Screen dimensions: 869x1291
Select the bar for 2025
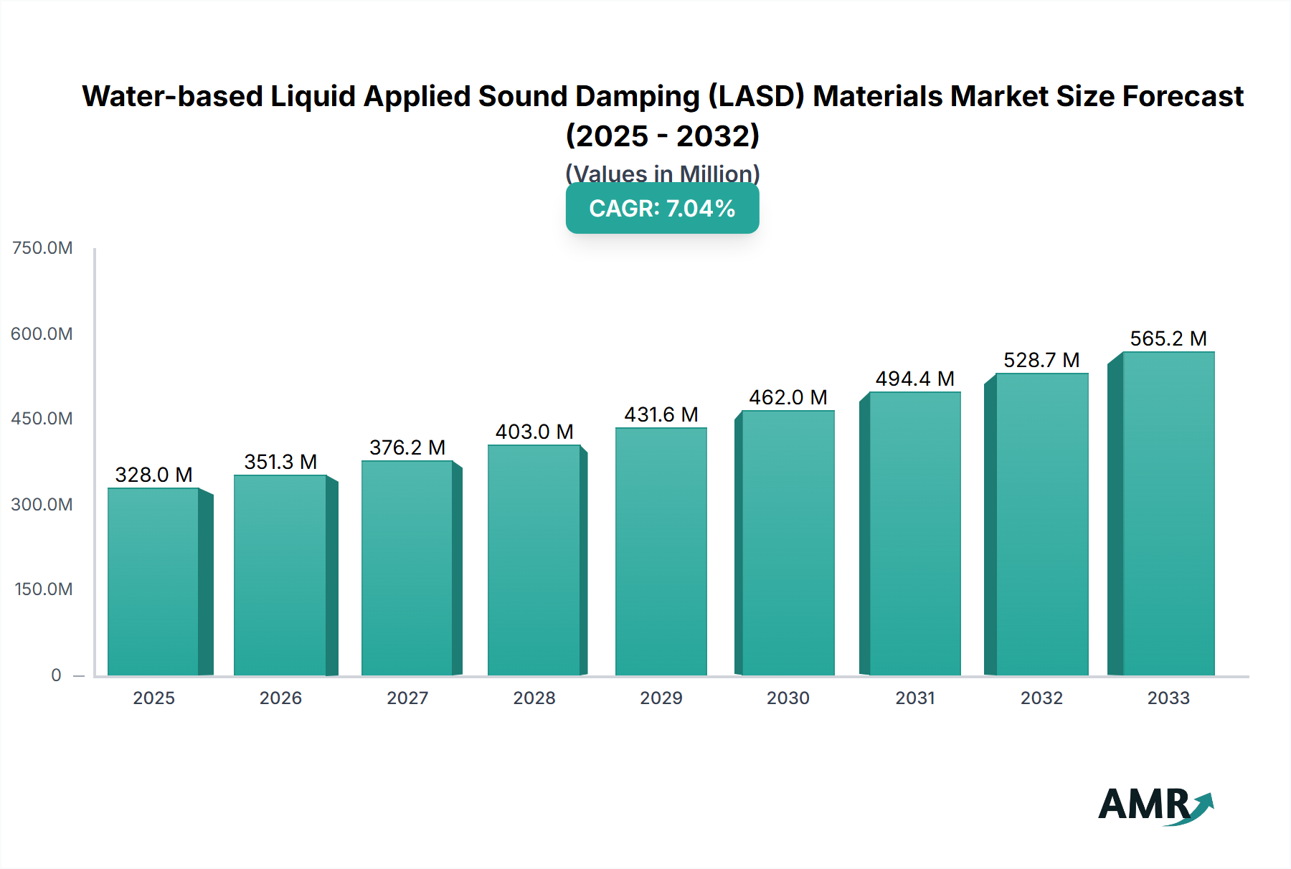click(153, 582)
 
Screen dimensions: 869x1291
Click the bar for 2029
click(661, 552)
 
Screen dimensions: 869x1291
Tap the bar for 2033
click(1168, 514)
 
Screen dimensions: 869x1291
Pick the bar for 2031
click(914, 534)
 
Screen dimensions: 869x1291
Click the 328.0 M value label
click(153, 475)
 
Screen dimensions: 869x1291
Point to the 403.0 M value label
click(534, 432)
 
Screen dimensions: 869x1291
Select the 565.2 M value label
click(1168, 338)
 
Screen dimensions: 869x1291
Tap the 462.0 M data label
click(788, 397)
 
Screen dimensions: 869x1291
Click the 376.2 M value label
click(407, 447)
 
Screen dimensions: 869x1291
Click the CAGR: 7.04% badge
click(662, 209)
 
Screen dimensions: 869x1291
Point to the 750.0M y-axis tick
click(42, 248)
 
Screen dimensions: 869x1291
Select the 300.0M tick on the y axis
click(42, 505)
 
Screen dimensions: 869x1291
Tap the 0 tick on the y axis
click(56, 675)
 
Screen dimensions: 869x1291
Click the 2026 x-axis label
click(280, 698)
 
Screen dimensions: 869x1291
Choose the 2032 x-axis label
click(1041, 698)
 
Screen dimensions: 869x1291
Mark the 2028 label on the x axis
click(534, 698)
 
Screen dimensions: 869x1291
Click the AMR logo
click(1155, 806)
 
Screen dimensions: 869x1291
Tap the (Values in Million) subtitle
click(662, 173)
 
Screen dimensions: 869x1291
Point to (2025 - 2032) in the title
click(662, 136)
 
